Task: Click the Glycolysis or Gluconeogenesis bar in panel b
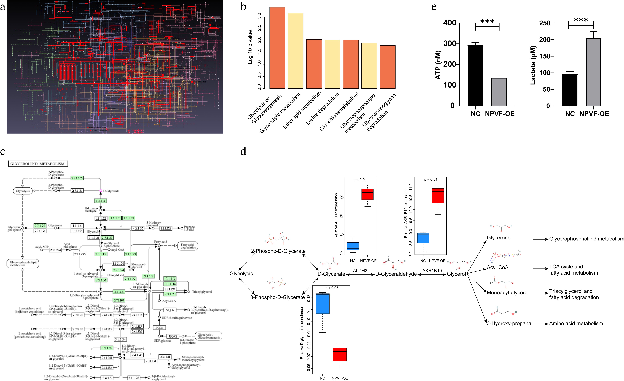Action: point(277,48)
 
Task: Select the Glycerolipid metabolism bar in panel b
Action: point(296,51)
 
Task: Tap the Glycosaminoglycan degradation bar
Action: point(387,67)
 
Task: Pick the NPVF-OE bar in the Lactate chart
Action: point(593,72)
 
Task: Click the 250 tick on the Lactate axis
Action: point(544,23)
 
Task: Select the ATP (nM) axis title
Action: point(438,65)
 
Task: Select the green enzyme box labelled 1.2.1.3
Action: point(100,201)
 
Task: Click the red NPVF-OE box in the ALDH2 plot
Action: point(367,194)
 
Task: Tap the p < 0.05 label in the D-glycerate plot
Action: point(332,288)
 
